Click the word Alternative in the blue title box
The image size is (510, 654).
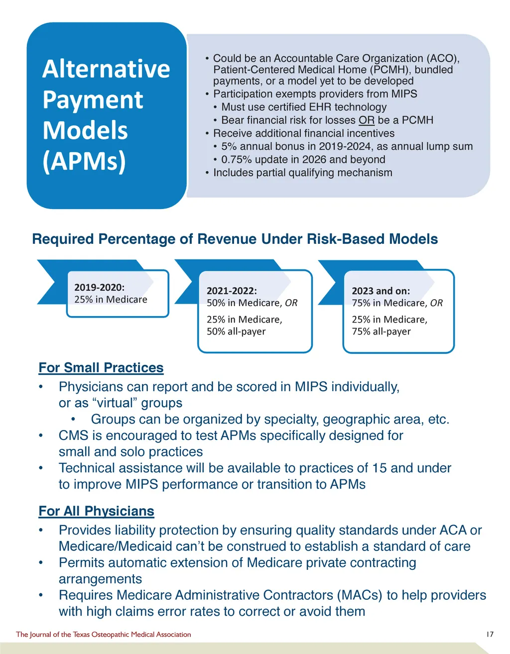(106, 69)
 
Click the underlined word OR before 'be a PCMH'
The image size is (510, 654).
(367, 120)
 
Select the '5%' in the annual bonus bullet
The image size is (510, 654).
(229, 146)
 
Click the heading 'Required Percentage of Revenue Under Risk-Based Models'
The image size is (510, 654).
(235, 239)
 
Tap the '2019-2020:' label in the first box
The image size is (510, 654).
(99, 287)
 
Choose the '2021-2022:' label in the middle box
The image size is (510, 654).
(232, 291)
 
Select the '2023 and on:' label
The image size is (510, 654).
(381, 291)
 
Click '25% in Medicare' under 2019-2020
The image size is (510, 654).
(111, 300)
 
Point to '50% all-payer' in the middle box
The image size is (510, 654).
(236, 331)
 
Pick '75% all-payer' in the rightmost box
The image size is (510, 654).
(381, 331)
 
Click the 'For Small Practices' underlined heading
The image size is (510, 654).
(101, 368)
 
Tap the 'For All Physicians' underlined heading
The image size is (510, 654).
(96, 511)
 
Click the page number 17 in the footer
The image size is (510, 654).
(490, 635)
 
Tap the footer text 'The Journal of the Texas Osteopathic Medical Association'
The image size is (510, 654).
(103, 635)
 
